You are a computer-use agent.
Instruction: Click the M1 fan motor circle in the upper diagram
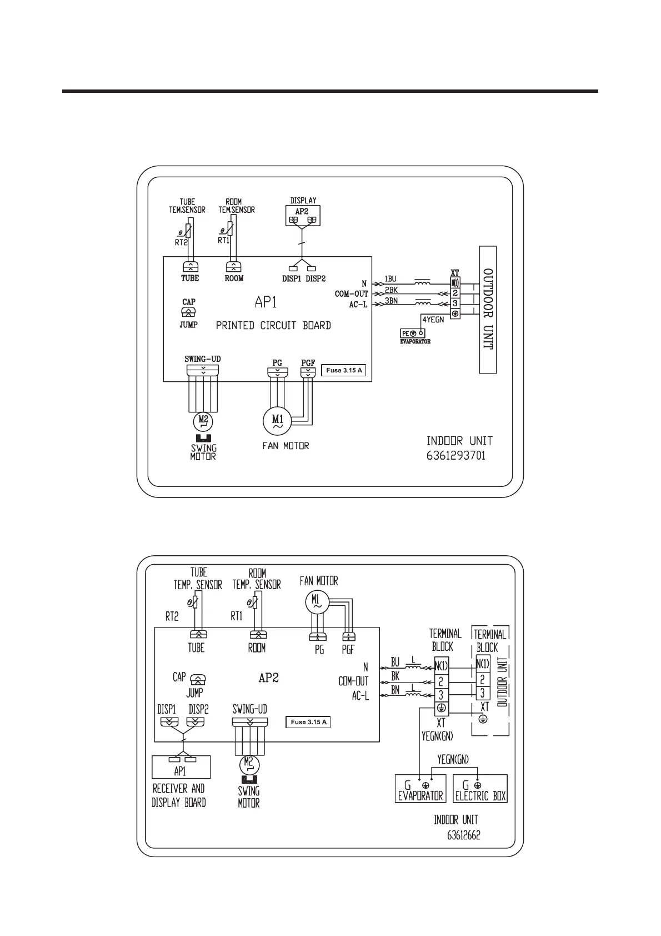[x=277, y=420]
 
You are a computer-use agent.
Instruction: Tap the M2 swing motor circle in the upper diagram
[x=203, y=421]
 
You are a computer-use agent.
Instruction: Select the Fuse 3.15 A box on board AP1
[x=344, y=370]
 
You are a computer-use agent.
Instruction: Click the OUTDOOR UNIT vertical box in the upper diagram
[x=488, y=310]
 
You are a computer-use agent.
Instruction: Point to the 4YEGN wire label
[x=433, y=320]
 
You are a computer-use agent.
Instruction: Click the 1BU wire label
[x=390, y=279]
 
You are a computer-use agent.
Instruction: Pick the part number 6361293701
[x=455, y=456]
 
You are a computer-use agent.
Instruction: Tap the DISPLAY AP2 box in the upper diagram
[x=302, y=216]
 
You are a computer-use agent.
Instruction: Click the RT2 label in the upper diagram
[x=182, y=242]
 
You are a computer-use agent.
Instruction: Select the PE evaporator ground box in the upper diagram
[x=413, y=333]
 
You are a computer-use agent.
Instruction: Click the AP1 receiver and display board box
[x=181, y=767]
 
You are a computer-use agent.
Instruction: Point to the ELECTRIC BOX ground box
[x=480, y=789]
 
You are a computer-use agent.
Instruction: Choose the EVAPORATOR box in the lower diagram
[x=420, y=789]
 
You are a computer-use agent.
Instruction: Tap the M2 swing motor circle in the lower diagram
[x=248, y=765]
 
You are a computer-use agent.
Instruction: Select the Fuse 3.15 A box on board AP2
[x=309, y=722]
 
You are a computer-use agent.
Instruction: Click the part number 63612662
[x=464, y=835]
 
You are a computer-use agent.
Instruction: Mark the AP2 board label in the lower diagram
[x=268, y=678]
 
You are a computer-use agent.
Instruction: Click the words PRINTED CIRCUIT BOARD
[x=273, y=326]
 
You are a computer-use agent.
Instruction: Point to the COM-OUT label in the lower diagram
[x=353, y=681]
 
